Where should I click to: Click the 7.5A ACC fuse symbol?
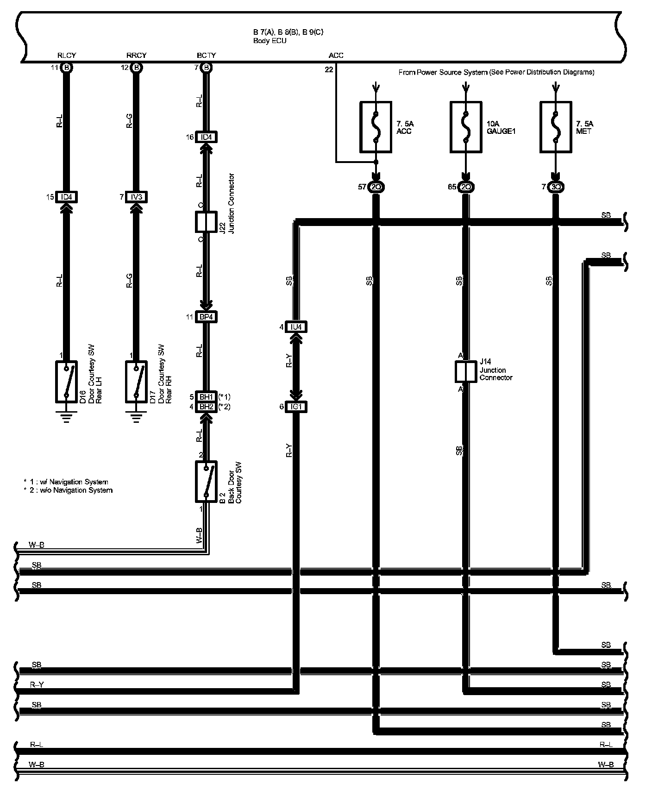coord(376,127)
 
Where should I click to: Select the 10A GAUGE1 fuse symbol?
coord(466,127)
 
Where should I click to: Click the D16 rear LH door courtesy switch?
coord(66,382)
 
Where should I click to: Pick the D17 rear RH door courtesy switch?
coord(136,382)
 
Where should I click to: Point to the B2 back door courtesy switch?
coord(206,482)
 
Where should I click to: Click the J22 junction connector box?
coord(206,222)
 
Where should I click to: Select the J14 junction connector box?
coord(465,372)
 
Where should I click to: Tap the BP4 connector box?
coord(206,317)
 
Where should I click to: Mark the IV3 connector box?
coord(136,197)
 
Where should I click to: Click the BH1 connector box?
coord(206,397)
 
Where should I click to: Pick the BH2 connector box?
coord(206,407)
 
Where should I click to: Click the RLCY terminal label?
coord(67,55)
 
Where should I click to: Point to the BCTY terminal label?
coord(206,55)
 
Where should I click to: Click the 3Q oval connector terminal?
coord(556,187)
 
